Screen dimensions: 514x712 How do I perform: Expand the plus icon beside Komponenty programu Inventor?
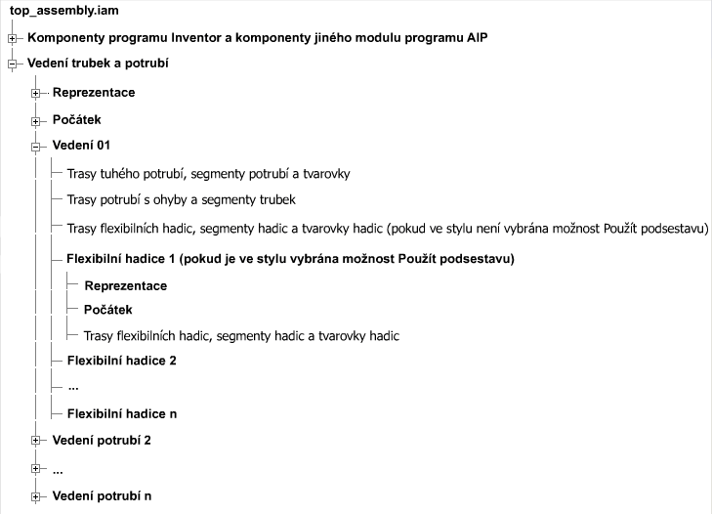tap(12, 39)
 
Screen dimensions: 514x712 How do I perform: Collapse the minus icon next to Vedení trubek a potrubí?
tap(12, 64)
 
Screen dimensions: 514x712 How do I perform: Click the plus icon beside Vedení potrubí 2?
tap(36, 441)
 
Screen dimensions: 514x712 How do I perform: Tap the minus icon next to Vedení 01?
tap(36, 148)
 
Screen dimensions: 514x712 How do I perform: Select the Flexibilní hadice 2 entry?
tap(121, 361)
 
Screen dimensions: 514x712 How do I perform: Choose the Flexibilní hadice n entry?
tap(121, 413)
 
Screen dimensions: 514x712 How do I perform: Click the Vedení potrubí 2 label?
tap(102, 440)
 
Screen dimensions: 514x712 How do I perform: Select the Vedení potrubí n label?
tap(102, 496)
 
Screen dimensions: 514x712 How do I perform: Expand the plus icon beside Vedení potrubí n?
tap(36, 497)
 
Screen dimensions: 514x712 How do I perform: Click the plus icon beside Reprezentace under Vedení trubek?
tap(36, 93)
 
